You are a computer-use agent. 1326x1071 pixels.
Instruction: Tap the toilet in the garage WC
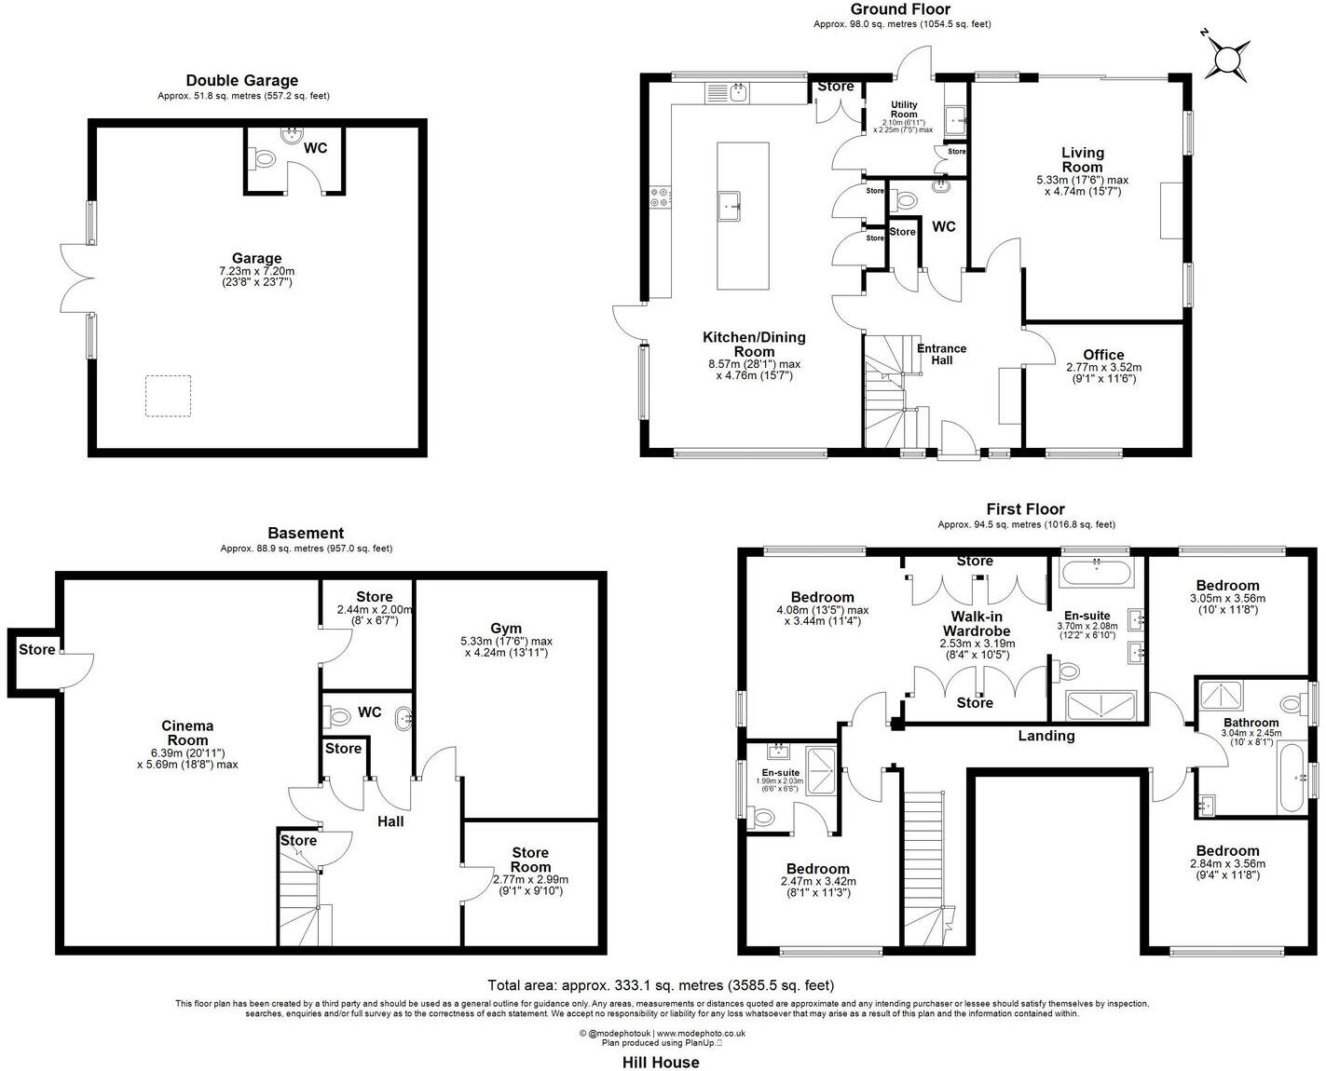pos(264,159)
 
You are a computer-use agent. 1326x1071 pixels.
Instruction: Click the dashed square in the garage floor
pos(168,396)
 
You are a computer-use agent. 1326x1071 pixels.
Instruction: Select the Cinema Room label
pos(187,733)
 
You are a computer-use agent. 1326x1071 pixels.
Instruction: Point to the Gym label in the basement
pos(506,629)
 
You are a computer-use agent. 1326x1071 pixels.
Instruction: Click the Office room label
pos(1103,355)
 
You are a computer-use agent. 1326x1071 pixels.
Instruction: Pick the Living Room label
pos(1082,159)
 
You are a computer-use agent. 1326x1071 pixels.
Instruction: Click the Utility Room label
pos(903,109)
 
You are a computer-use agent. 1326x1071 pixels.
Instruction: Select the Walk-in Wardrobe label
pos(976,623)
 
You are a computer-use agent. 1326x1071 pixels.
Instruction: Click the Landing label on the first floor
pos(1046,736)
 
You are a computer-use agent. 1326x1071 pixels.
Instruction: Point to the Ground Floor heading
pos(900,9)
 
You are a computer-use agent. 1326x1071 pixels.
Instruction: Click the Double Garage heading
pos(242,80)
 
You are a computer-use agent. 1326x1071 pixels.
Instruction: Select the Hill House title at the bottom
pos(661,1062)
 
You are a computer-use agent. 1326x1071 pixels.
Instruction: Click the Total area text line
pos(661,984)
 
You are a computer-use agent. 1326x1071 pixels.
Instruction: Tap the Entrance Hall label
pos(941,354)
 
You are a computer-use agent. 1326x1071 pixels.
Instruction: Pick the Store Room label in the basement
pos(529,860)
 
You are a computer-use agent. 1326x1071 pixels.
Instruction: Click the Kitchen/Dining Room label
pos(754,344)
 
